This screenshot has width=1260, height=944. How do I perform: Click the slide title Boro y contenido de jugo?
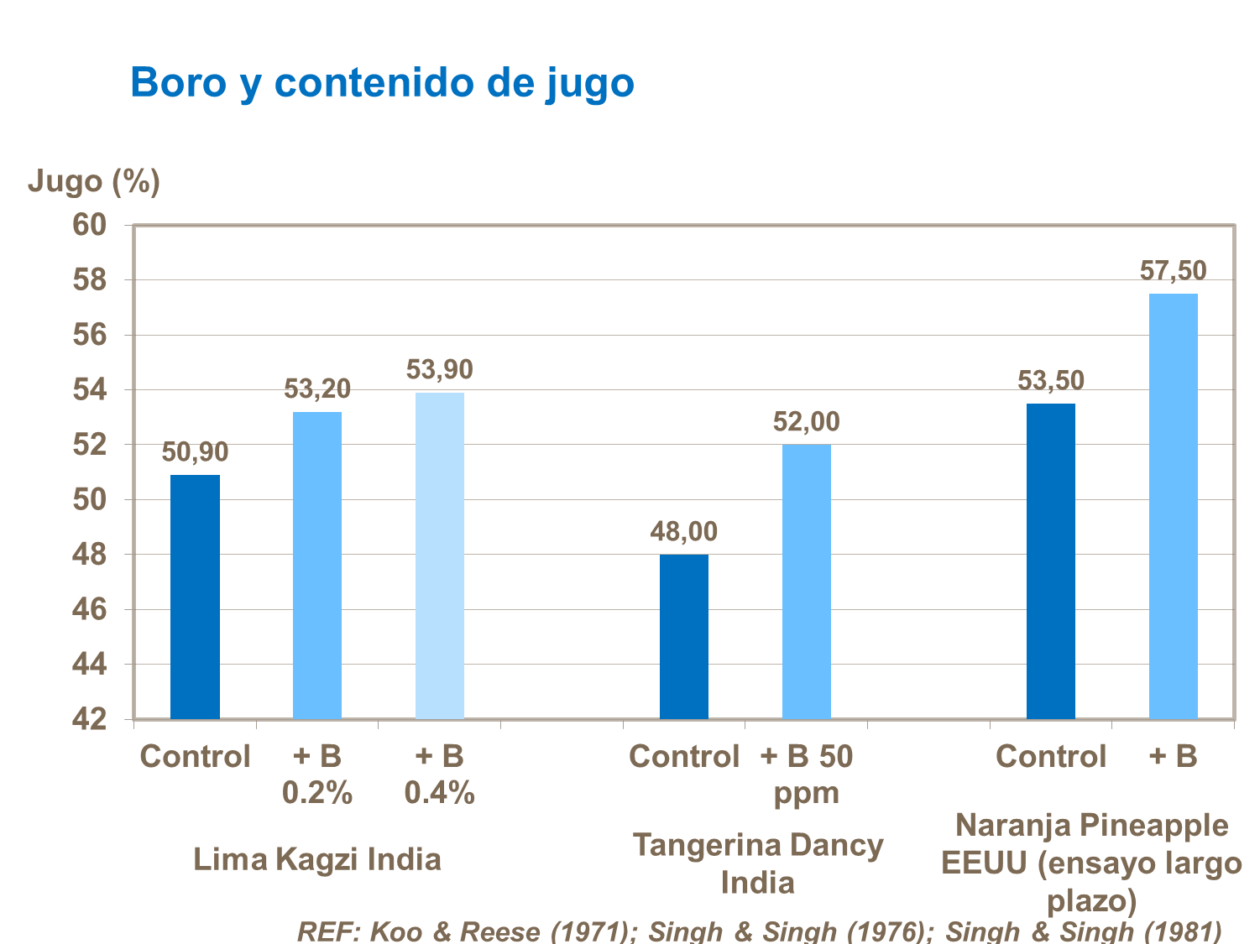tap(382, 83)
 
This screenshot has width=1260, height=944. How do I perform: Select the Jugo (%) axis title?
tap(93, 180)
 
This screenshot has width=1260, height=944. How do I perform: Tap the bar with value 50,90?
tap(195, 597)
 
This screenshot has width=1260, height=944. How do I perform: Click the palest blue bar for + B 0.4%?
tap(440, 555)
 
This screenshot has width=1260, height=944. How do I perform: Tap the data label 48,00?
tap(684, 531)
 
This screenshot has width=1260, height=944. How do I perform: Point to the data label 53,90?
tap(440, 369)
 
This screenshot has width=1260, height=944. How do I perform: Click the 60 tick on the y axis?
tap(90, 225)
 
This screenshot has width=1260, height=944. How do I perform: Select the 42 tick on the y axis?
tap(90, 719)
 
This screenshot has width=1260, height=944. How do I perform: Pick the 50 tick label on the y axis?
tap(90, 499)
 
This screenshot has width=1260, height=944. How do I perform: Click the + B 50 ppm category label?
tap(807, 774)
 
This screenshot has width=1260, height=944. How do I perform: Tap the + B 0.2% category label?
tap(317, 774)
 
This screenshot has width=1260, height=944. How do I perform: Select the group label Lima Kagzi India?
tap(317, 859)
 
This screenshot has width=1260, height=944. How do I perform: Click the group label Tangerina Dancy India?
tap(757, 863)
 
